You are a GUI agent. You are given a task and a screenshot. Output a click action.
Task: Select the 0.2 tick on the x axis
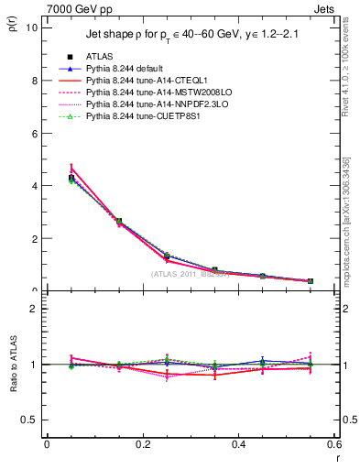142,444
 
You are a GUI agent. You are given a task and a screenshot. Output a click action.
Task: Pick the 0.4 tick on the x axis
238,444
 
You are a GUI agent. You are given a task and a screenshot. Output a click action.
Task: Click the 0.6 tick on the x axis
333,444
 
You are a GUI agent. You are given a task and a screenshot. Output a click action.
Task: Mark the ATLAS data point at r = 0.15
119,221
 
